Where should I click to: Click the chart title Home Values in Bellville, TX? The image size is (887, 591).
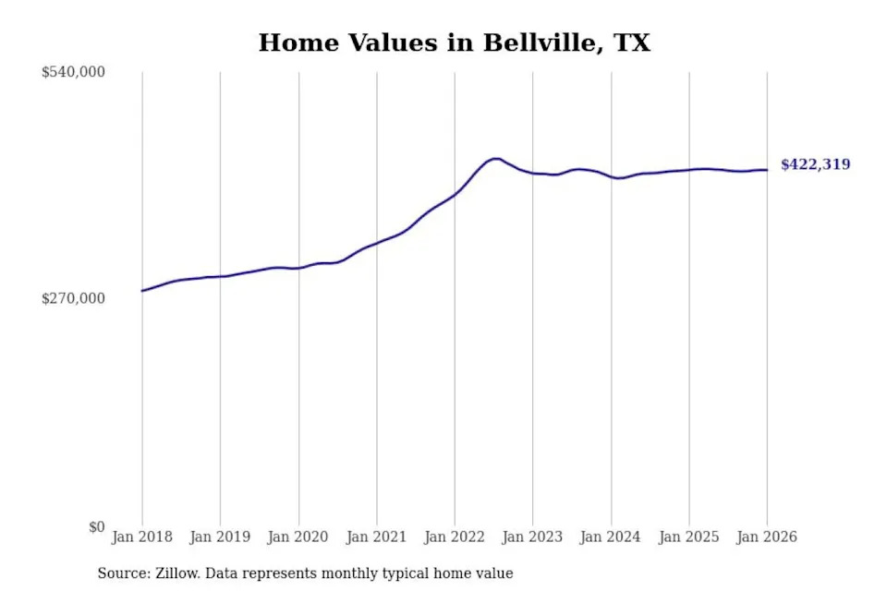(454, 42)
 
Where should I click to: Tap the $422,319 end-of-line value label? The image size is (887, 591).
(815, 165)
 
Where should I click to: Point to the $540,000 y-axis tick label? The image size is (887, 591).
(73, 72)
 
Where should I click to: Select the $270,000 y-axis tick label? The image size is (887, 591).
(73, 299)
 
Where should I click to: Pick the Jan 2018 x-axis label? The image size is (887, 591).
(141, 537)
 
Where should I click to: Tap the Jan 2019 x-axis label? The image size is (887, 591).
(220, 537)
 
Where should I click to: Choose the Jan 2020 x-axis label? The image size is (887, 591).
(298, 537)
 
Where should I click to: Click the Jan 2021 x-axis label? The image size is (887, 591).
(376, 537)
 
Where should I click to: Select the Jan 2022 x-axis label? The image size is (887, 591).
(454, 537)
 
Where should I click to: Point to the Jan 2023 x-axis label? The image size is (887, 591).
(532, 537)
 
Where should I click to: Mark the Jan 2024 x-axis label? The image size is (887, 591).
(610, 537)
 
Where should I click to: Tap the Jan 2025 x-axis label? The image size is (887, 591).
(688, 537)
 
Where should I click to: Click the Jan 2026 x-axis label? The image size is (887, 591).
(766, 537)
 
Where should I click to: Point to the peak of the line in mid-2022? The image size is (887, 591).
(496, 159)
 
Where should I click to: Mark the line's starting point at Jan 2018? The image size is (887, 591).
(142, 291)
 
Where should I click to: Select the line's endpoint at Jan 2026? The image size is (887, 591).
(766, 170)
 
